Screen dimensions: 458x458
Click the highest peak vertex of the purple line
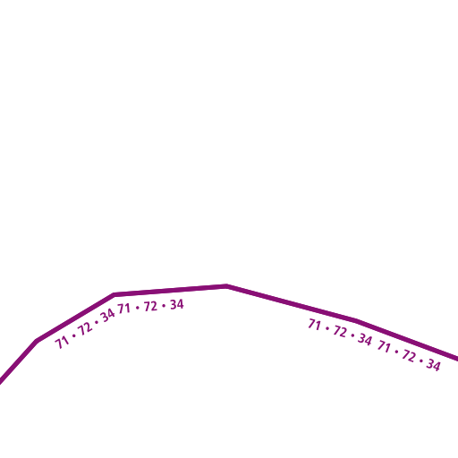pyautogui.click(x=226, y=286)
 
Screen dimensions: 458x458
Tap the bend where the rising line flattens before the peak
pyautogui.click(x=114, y=294)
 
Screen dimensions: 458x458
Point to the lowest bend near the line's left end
pyautogui.click(x=38, y=340)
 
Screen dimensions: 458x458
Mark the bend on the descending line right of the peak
pyautogui.click(x=356, y=320)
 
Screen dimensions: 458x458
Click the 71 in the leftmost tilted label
pyautogui.click(x=62, y=343)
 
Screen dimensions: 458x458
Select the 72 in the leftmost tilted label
pyautogui.click(x=85, y=329)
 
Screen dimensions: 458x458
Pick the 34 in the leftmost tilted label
pyautogui.click(x=107, y=316)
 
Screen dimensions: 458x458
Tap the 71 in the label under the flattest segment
pyautogui.click(x=123, y=309)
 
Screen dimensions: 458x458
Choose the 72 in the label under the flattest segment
pyautogui.click(x=150, y=306)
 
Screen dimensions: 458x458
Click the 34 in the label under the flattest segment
pyautogui.click(x=177, y=304)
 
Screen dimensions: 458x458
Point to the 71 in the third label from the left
pyautogui.click(x=314, y=325)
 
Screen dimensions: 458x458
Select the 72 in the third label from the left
pyautogui.click(x=340, y=331)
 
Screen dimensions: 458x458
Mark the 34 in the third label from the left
pyautogui.click(x=365, y=339)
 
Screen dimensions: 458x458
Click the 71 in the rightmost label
pyautogui.click(x=384, y=346)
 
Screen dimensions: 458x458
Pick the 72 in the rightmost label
pyautogui.click(x=409, y=356)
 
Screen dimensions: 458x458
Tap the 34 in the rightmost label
pyautogui.click(x=433, y=365)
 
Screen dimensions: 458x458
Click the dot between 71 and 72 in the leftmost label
pyautogui.click(x=73, y=336)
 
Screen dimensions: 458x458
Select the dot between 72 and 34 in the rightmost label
pyautogui.click(x=421, y=360)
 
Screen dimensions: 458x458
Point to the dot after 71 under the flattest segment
pyautogui.click(x=137, y=308)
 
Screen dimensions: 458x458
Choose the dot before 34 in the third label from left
pyautogui.click(x=352, y=335)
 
